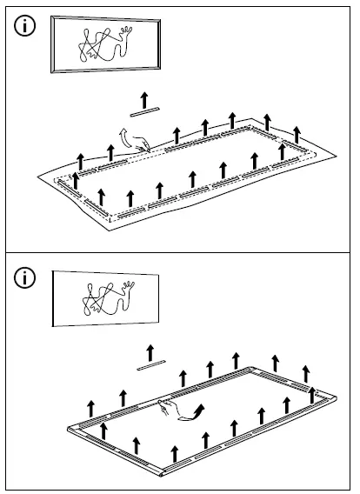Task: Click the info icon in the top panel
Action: tap(27, 26)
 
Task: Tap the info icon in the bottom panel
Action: tap(27, 278)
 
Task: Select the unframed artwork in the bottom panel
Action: tap(104, 298)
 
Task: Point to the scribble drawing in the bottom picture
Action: tap(105, 299)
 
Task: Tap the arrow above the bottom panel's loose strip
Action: tap(150, 351)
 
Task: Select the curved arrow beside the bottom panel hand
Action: tap(193, 413)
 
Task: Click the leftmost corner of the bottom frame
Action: tap(70, 429)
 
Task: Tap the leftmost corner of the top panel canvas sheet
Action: tap(37, 177)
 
